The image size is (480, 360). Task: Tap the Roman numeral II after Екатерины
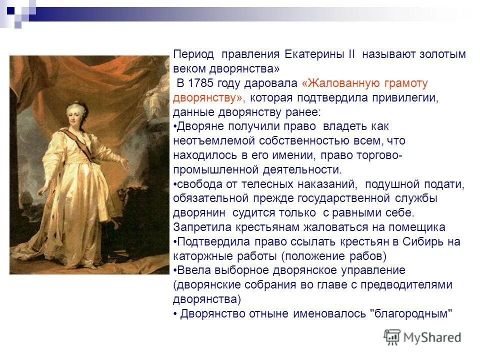351,53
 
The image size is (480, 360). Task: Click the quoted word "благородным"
410,314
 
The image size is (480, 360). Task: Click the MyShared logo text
432,337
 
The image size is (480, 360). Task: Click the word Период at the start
193,53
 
